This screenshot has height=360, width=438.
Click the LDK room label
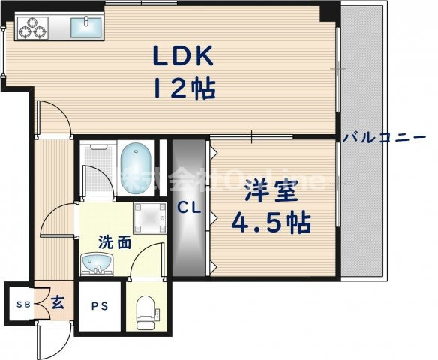pos(184,57)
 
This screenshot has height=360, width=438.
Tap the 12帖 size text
pos(184,89)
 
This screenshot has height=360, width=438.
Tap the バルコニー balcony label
pos(385,137)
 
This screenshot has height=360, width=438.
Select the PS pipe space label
pos(99,306)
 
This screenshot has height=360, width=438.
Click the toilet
pos(145,310)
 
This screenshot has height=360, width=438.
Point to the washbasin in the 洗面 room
pos(97,264)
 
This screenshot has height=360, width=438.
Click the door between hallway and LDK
pos(52,120)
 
